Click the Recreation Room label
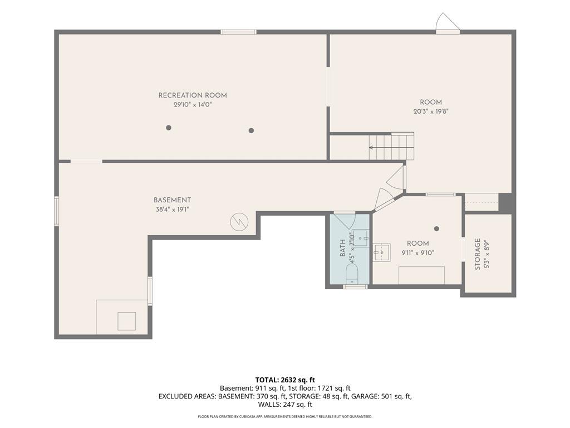click(193, 95)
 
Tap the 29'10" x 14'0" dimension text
click(193, 105)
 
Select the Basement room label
click(173, 200)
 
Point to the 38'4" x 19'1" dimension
click(173, 210)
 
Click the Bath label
click(342, 248)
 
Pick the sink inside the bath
click(361, 238)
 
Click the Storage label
click(478, 254)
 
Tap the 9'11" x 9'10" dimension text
click(418, 252)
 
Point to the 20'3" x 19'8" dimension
click(431, 111)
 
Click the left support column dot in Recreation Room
click(169, 128)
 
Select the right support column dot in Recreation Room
click(251, 130)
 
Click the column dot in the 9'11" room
click(437, 228)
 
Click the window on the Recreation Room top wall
click(238, 32)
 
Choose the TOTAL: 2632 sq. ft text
click(285, 380)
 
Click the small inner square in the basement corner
click(127, 321)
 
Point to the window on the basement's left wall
click(57, 211)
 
